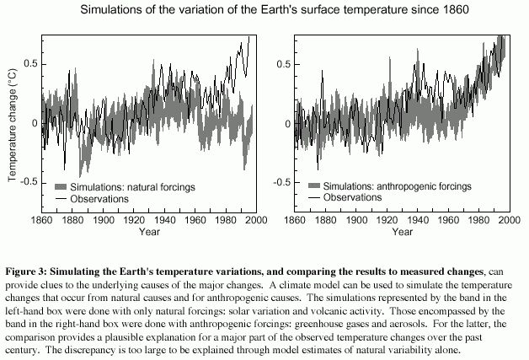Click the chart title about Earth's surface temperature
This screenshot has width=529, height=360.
pos(264,11)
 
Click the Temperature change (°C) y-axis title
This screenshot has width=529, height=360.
pos(13,125)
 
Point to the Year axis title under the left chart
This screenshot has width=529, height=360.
pos(151,231)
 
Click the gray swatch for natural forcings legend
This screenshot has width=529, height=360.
pos(64,185)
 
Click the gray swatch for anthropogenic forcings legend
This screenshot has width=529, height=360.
pos(317,185)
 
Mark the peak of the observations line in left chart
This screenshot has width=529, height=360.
pos(248,37)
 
